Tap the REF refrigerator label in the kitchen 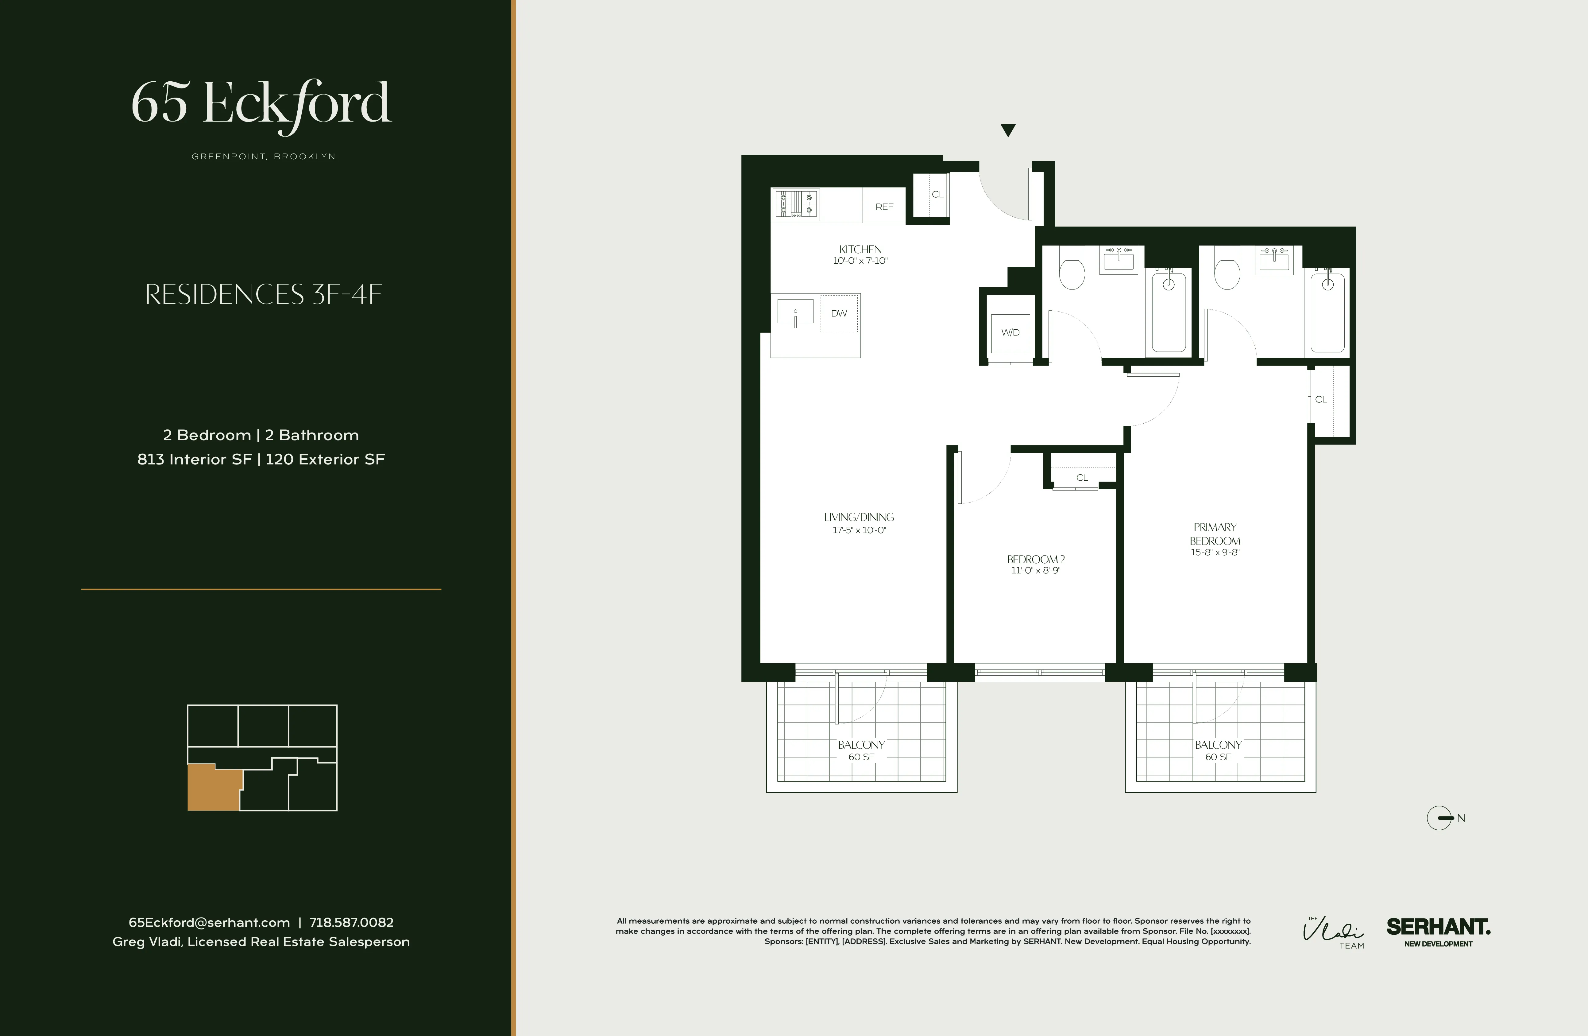[x=884, y=207]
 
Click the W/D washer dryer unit [x=1010, y=332]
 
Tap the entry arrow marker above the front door [x=1007, y=130]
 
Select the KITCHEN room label [x=860, y=249]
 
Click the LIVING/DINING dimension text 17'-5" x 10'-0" [x=859, y=530]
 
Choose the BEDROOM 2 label [x=1036, y=559]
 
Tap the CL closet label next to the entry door [x=937, y=194]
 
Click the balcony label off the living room [x=861, y=744]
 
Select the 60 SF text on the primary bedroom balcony [x=1218, y=757]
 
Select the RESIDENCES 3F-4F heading [x=264, y=294]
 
